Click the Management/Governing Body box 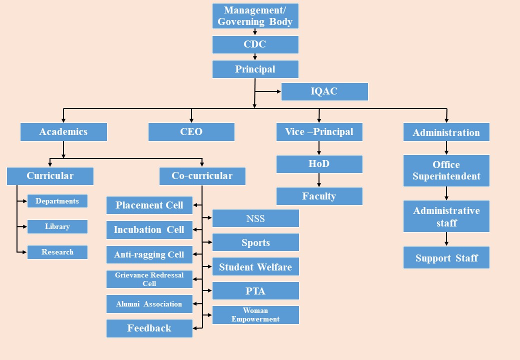click(255, 16)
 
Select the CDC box click(255, 44)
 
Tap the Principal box click(255, 69)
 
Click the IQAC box click(324, 91)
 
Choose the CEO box click(191, 132)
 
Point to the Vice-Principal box click(319, 132)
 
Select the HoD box click(319, 164)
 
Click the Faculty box click(319, 196)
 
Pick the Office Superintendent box click(446, 170)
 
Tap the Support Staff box click(446, 258)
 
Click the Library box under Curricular click(57, 226)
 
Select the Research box click(57, 252)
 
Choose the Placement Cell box click(149, 205)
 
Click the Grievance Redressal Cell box click(149, 279)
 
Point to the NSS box click(255, 218)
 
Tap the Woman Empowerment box click(255, 315)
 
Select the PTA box click(255, 291)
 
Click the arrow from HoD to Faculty click(319, 180)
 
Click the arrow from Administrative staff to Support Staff click(446, 239)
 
